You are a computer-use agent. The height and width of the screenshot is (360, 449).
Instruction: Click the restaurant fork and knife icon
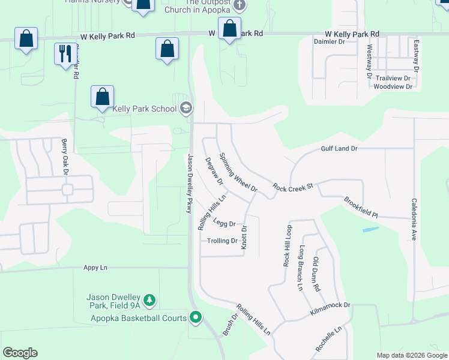[64, 54]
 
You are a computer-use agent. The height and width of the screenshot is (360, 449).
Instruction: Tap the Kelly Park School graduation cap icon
[186, 108]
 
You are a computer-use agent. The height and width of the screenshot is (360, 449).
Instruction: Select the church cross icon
[240, 5]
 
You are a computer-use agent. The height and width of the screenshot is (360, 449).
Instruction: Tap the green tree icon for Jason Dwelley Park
[150, 301]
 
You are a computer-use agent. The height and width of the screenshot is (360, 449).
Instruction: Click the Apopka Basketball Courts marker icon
[196, 317]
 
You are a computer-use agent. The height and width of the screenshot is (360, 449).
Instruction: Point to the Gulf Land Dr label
[339, 148]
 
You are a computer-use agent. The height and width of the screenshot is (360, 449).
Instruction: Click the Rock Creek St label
[293, 188]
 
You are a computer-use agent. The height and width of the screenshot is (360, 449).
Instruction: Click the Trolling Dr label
[222, 241]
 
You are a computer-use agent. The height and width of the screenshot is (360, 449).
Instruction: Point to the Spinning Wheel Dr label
[238, 172]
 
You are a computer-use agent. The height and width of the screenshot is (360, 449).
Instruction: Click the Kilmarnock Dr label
[330, 305]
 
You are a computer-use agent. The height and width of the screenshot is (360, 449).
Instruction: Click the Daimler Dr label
[330, 42]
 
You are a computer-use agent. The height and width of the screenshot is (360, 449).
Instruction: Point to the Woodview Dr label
[393, 86]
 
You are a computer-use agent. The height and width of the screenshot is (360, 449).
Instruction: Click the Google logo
[20, 353]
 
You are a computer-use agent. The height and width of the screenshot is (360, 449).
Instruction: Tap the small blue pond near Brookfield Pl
[370, 229]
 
